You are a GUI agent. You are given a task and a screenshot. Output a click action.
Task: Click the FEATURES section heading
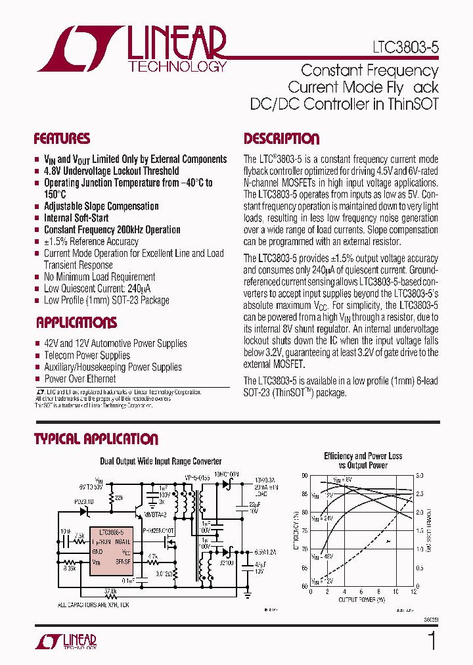[62, 139]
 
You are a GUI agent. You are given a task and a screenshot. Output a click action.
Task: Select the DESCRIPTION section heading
[281, 139]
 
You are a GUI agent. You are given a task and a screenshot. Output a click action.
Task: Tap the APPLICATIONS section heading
[76, 323]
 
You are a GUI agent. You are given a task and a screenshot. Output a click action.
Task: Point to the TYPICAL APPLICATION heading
[96, 439]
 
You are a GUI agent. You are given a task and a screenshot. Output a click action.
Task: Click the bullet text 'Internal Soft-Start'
[76, 218]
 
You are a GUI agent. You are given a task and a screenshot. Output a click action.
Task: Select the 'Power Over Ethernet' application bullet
[79, 379]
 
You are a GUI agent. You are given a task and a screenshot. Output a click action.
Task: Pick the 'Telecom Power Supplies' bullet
[87, 355]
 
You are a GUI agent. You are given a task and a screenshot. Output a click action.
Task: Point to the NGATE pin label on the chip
[122, 541]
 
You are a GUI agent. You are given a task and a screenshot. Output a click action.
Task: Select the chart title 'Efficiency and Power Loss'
[363, 456]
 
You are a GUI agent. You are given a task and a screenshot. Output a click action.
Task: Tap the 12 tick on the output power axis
[414, 592]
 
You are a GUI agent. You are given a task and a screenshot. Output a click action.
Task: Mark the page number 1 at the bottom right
[432, 641]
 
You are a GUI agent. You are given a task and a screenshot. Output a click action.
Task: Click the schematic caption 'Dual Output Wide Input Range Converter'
[160, 462]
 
